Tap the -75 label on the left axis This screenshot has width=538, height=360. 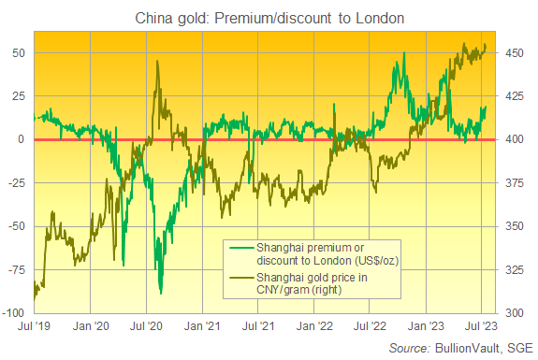coord(18,269)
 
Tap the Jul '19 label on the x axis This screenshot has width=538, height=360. coord(34,328)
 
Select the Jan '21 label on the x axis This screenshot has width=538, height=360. coord(201,328)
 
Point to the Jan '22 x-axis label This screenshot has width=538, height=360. coord(312,328)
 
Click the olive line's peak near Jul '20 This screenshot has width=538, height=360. coord(157,62)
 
